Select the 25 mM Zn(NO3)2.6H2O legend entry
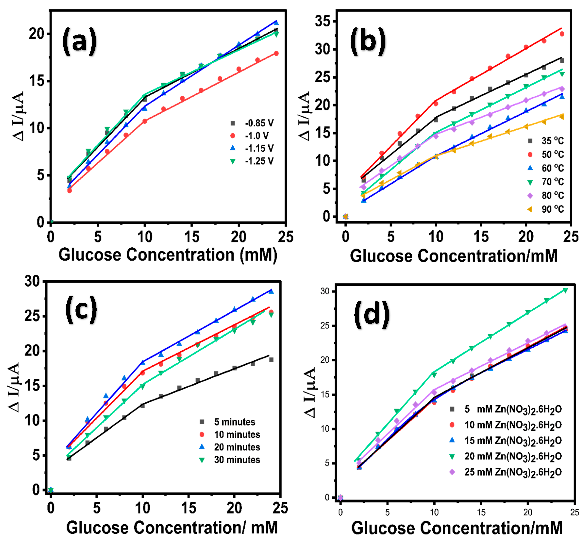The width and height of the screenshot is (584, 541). click(506, 472)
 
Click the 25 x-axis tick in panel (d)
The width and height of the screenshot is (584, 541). click(574, 512)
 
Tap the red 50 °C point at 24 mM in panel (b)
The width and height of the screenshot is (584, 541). click(562, 34)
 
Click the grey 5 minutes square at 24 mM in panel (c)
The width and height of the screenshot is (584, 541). click(271, 359)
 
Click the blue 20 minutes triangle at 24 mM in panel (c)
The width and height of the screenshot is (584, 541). click(271, 291)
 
